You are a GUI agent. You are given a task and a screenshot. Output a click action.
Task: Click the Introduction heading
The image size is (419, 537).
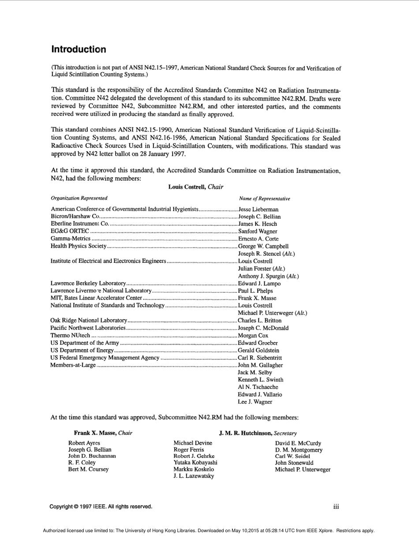pyautogui.click(x=79, y=49)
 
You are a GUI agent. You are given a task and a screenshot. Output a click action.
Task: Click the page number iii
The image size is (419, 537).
pyautogui.click(x=336, y=507)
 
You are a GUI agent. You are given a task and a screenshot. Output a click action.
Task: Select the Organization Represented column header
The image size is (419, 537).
pyautogui.click(x=79, y=198)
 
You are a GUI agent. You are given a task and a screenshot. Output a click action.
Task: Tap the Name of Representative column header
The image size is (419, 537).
pyautogui.click(x=265, y=199)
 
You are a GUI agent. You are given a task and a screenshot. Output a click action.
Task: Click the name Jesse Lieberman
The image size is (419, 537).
pyautogui.click(x=258, y=209)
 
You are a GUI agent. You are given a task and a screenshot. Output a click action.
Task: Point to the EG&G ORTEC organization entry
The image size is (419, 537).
pyautogui.click(x=70, y=231)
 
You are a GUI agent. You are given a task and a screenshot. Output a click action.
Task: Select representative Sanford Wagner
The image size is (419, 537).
pyautogui.click(x=258, y=231)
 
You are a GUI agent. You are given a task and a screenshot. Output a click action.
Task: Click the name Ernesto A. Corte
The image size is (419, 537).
pyautogui.click(x=258, y=239)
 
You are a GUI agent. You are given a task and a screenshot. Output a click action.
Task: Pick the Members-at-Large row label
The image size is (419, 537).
pyautogui.click(x=73, y=365)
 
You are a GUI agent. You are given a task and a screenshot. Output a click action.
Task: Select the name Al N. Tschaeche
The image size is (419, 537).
pyautogui.click(x=258, y=387)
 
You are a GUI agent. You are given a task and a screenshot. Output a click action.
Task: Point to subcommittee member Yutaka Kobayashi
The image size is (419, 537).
pyautogui.click(x=195, y=462)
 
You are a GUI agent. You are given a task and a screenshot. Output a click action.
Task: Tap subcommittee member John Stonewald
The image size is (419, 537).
pyautogui.click(x=294, y=463)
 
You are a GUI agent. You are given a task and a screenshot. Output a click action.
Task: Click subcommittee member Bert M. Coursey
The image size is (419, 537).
pyautogui.click(x=88, y=469)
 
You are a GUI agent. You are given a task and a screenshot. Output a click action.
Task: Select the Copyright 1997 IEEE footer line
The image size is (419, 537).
pyautogui.click(x=101, y=507)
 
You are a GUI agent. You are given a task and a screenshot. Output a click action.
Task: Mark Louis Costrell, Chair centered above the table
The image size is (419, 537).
pyautogui.click(x=195, y=187)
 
